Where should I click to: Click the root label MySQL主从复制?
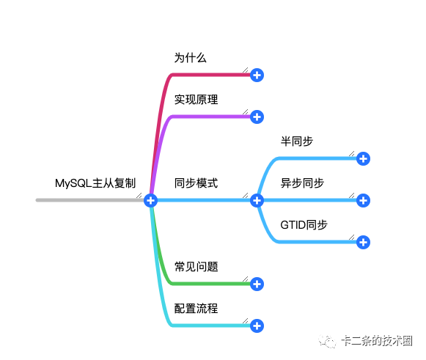(95, 183)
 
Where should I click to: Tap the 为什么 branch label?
(190, 58)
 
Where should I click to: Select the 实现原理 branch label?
(196, 100)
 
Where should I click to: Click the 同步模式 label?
(196, 183)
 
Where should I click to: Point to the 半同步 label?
(297, 142)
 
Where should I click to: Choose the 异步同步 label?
(302, 183)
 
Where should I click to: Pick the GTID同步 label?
(304, 225)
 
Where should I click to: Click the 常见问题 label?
(196, 267)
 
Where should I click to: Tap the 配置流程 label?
(196, 309)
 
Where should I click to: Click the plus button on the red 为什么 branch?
(257, 76)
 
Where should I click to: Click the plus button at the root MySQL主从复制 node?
(150, 200)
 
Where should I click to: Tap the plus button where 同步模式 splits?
(257, 200)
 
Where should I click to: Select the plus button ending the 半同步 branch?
(363, 158)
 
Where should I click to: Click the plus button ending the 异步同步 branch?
(363, 200)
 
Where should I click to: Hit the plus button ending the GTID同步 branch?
(363, 243)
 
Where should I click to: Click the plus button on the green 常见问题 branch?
(257, 284)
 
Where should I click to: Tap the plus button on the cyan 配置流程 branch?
(257, 326)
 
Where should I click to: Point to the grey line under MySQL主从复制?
(90, 200)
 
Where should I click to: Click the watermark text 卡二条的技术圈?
(377, 341)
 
